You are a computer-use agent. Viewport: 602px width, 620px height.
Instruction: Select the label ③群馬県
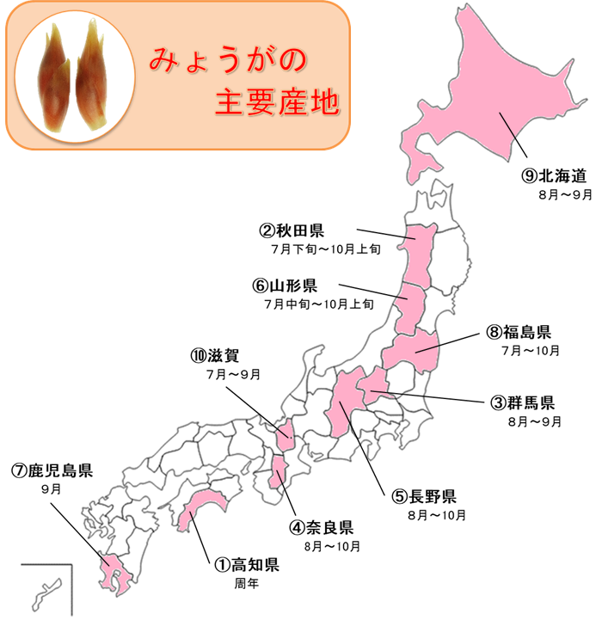click(x=523, y=402)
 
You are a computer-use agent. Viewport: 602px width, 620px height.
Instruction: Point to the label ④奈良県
click(x=322, y=527)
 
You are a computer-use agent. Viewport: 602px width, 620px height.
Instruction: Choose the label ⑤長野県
click(x=424, y=496)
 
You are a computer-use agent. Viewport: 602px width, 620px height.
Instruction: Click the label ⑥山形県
click(x=285, y=285)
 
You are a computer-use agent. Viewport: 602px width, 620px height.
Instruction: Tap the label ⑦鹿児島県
click(x=52, y=470)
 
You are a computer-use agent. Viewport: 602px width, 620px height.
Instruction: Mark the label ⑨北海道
click(x=554, y=175)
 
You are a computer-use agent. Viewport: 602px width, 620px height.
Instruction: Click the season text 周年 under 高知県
click(x=246, y=583)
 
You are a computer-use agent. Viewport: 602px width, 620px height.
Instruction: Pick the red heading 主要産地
click(x=277, y=104)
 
